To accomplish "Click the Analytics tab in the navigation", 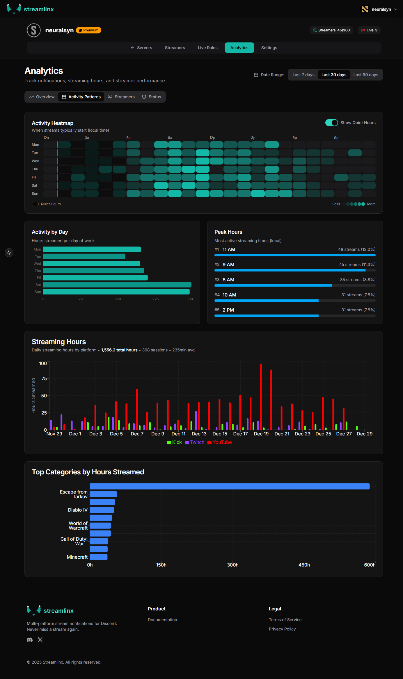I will (x=239, y=48).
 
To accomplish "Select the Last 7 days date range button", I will (x=303, y=75).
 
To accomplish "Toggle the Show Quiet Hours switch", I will (x=331, y=123).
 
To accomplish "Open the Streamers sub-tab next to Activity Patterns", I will (x=121, y=97).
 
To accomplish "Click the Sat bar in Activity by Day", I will (x=117, y=285).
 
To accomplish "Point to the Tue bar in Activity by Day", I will (x=84, y=256).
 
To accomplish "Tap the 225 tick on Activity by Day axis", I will (x=155, y=299).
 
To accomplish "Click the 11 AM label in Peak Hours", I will (x=229, y=249).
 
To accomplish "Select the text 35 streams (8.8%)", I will (x=358, y=280).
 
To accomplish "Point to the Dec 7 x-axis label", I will (x=137, y=434).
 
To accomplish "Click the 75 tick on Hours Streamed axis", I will (x=44, y=378).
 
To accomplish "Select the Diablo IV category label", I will (x=77, y=510).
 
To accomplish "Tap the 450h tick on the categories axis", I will (x=304, y=565).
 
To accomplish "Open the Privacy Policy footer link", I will (x=282, y=629).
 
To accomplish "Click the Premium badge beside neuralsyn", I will (x=89, y=30).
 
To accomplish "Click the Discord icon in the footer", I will (x=30, y=640).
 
